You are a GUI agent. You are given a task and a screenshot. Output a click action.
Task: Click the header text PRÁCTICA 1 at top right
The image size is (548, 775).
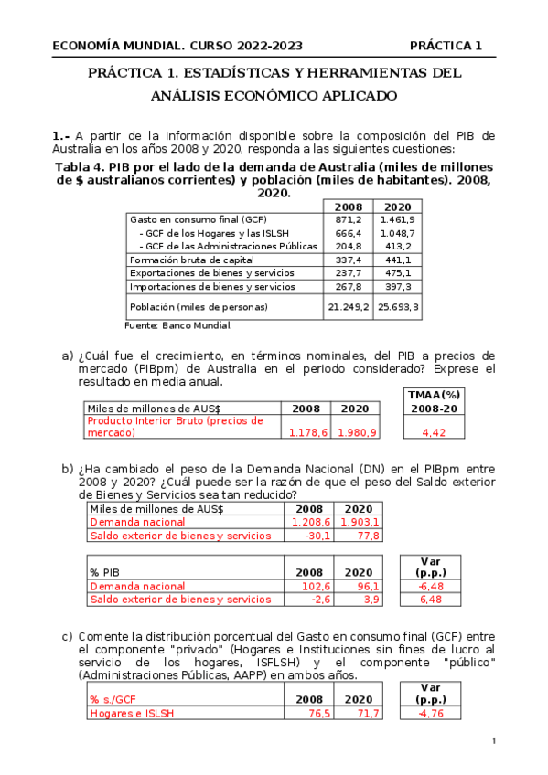point(446,46)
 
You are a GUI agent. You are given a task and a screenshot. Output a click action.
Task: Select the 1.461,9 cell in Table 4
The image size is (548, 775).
point(399,220)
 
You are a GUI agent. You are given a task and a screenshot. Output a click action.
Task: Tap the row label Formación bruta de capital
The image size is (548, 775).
point(192,260)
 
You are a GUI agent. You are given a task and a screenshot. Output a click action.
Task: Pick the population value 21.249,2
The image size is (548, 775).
point(348,307)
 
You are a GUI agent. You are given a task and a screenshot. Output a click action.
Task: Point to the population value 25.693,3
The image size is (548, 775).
point(399,307)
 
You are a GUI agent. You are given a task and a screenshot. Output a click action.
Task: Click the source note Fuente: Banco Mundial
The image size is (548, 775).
point(177,325)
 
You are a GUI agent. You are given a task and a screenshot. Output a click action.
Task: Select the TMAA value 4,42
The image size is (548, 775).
point(434,433)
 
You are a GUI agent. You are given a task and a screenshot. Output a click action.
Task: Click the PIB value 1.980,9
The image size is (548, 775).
point(358,433)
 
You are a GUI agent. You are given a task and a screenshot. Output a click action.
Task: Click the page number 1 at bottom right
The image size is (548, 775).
point(493,740)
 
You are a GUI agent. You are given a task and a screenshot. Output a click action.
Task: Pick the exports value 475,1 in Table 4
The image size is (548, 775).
point(399,273)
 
